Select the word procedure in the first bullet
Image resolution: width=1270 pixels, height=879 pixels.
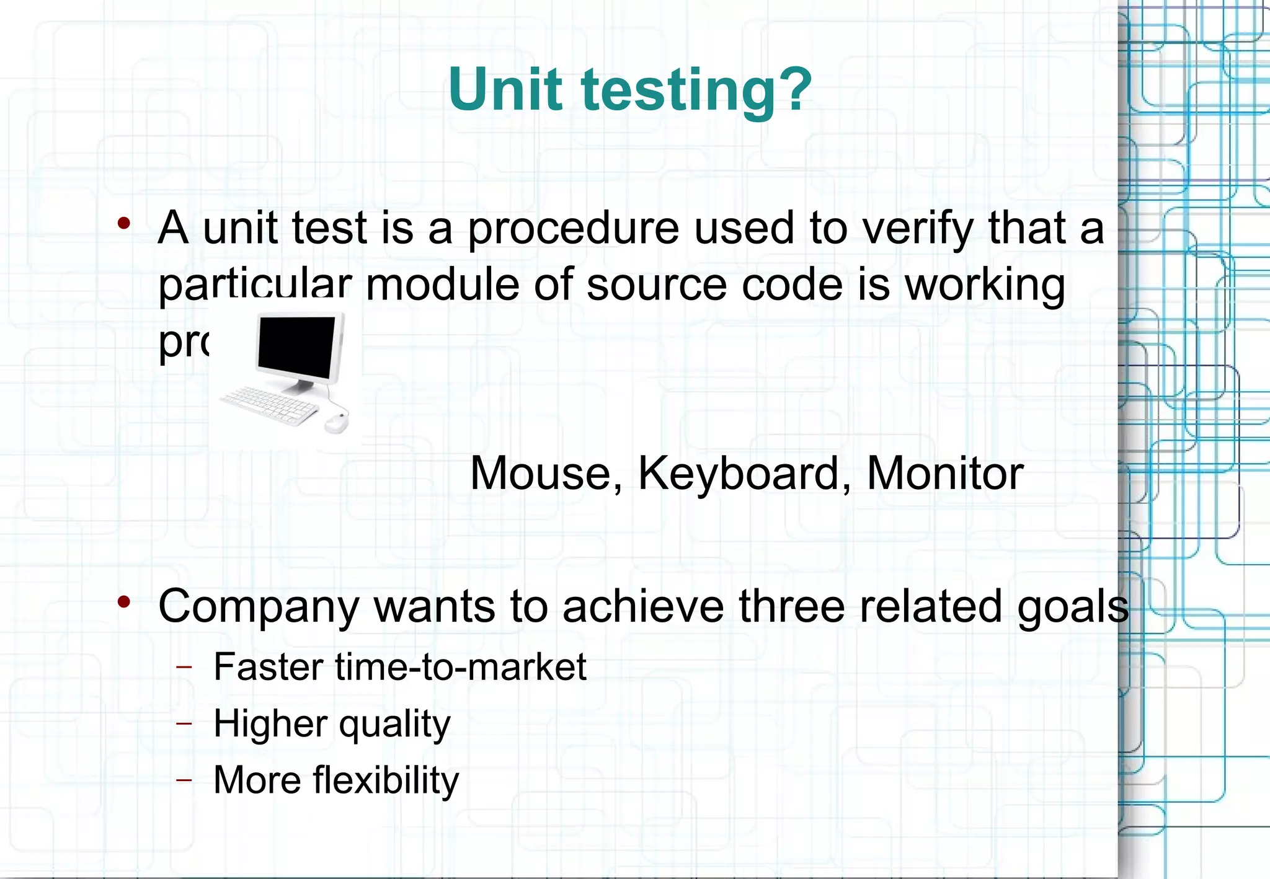tap(573, 228)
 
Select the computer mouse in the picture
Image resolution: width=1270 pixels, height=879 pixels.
tap(336, 423)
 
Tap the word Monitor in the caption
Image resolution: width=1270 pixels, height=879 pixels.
tap(944, 474)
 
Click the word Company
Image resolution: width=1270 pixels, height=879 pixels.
tap(259, 606)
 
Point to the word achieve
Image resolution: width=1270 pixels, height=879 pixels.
tap(642, 606)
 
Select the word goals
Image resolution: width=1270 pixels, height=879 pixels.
tap(1073, 606)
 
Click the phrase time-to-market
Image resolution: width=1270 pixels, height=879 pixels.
tap(461, 667)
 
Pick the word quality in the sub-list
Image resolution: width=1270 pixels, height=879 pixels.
tap(394, 724)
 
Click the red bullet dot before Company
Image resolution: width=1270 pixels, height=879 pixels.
tap(124, 601)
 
